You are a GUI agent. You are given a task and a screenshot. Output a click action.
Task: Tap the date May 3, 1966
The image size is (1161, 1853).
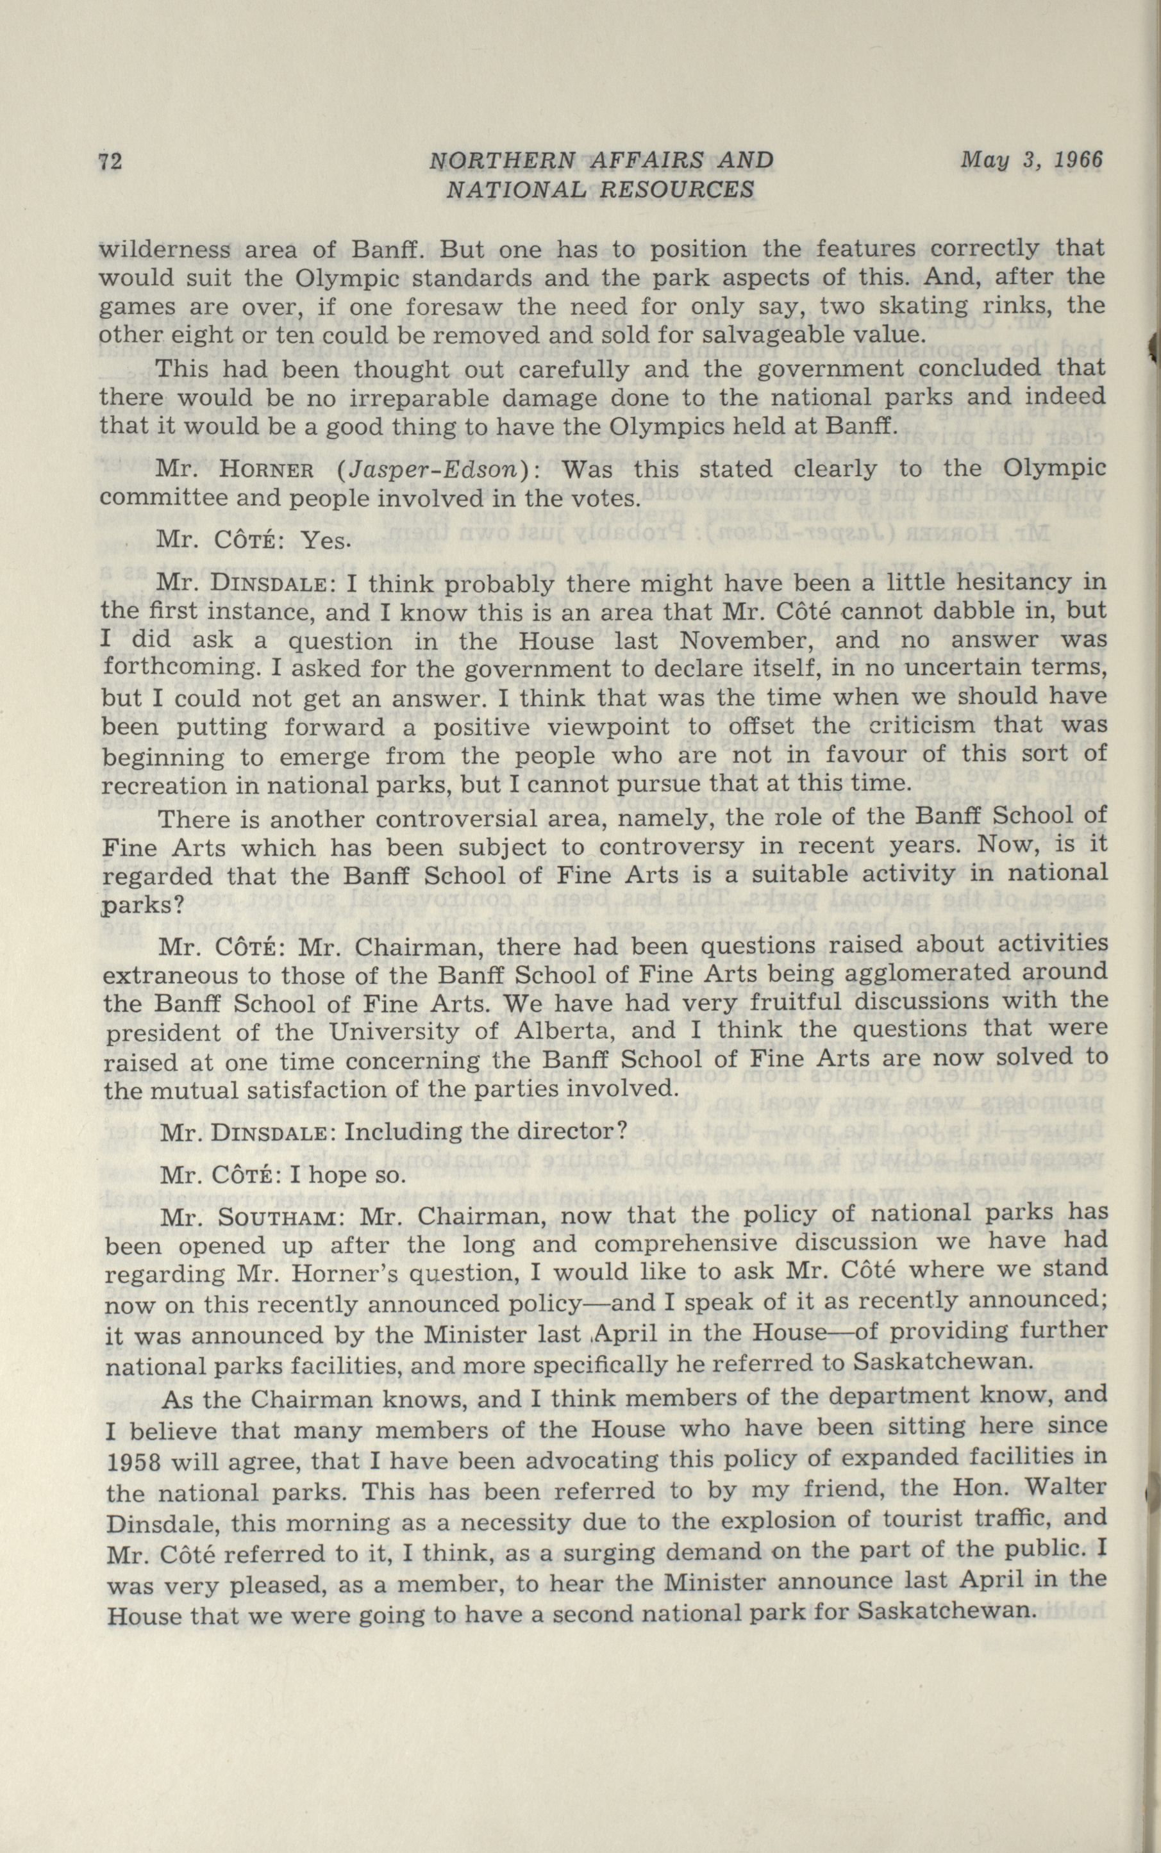point(1032,160)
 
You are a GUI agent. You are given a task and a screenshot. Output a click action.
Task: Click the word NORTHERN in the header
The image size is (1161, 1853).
point(502,160)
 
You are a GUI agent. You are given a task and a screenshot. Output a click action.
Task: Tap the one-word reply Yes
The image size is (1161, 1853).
point(326,541)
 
